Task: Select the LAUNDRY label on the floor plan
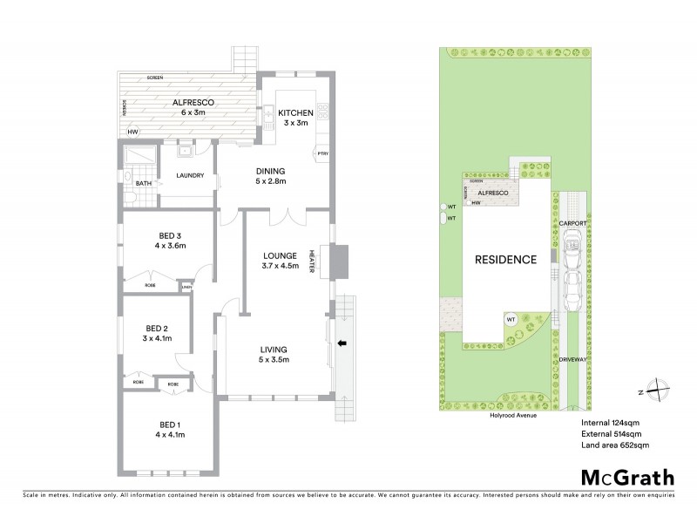(190, 175)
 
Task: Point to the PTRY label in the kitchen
(321, 154)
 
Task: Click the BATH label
(143, 183)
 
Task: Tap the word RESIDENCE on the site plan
(504, 260)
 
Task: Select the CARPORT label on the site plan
(572, 223)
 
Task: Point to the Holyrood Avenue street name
(512, 416)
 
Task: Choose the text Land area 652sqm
(614, 445)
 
